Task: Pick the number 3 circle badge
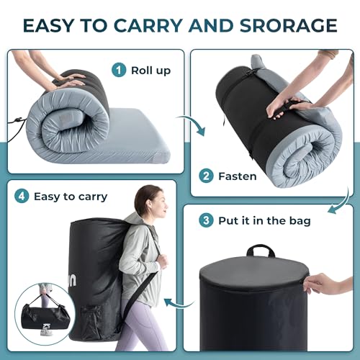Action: [207, 220]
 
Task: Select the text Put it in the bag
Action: [264, 220]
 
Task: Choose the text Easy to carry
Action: [70, 196]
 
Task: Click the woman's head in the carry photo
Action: [148, 201]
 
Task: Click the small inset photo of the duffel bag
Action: [45, 312]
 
